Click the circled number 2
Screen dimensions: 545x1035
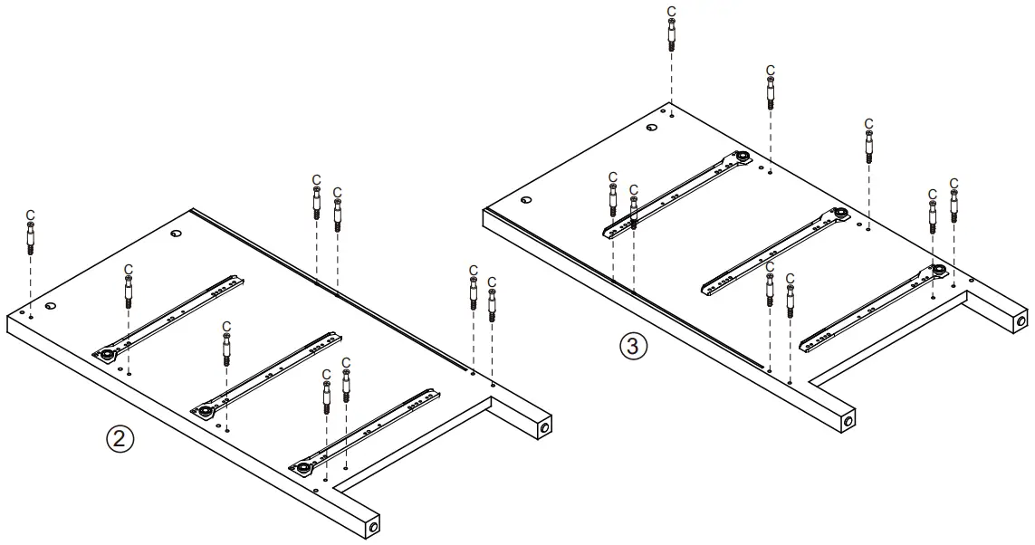[120, 439]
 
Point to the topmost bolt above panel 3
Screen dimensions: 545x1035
[671, 36]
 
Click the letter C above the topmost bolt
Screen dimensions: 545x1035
[671, 12]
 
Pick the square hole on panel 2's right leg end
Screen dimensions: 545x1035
[544, 425]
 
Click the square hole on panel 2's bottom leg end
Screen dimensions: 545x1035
[373, 524]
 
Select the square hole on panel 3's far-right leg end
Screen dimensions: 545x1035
[1021, 320]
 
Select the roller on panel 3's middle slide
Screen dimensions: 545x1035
[841, 215]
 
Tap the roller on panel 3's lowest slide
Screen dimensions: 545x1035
[940, 270]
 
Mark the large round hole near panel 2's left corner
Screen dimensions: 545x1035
[51, 306]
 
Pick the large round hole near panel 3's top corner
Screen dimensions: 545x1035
[651, 128]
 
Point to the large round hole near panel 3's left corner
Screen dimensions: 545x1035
[526, 199]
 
